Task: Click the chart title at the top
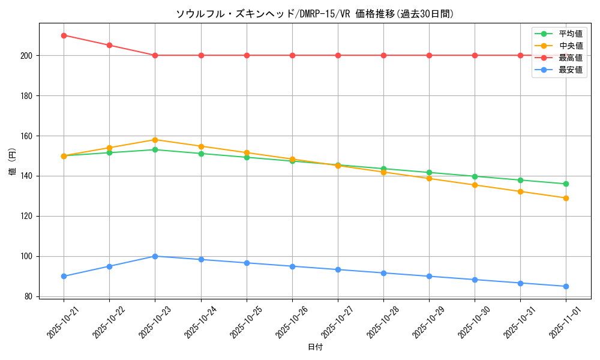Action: [315, 14]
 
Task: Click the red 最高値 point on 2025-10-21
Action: [64, 35]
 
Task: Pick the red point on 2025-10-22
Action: [109, 45]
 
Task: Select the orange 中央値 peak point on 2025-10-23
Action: [155, 140]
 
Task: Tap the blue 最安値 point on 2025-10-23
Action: [155, 256]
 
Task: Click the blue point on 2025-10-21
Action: [64, 276]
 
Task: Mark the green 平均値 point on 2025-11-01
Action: [566, 184]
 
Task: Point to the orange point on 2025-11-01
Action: [566, 198]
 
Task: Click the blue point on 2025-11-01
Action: [566, 286]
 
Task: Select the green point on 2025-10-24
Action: [201, 154]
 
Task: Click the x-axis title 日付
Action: [315, 347]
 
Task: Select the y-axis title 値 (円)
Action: [13, 161]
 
